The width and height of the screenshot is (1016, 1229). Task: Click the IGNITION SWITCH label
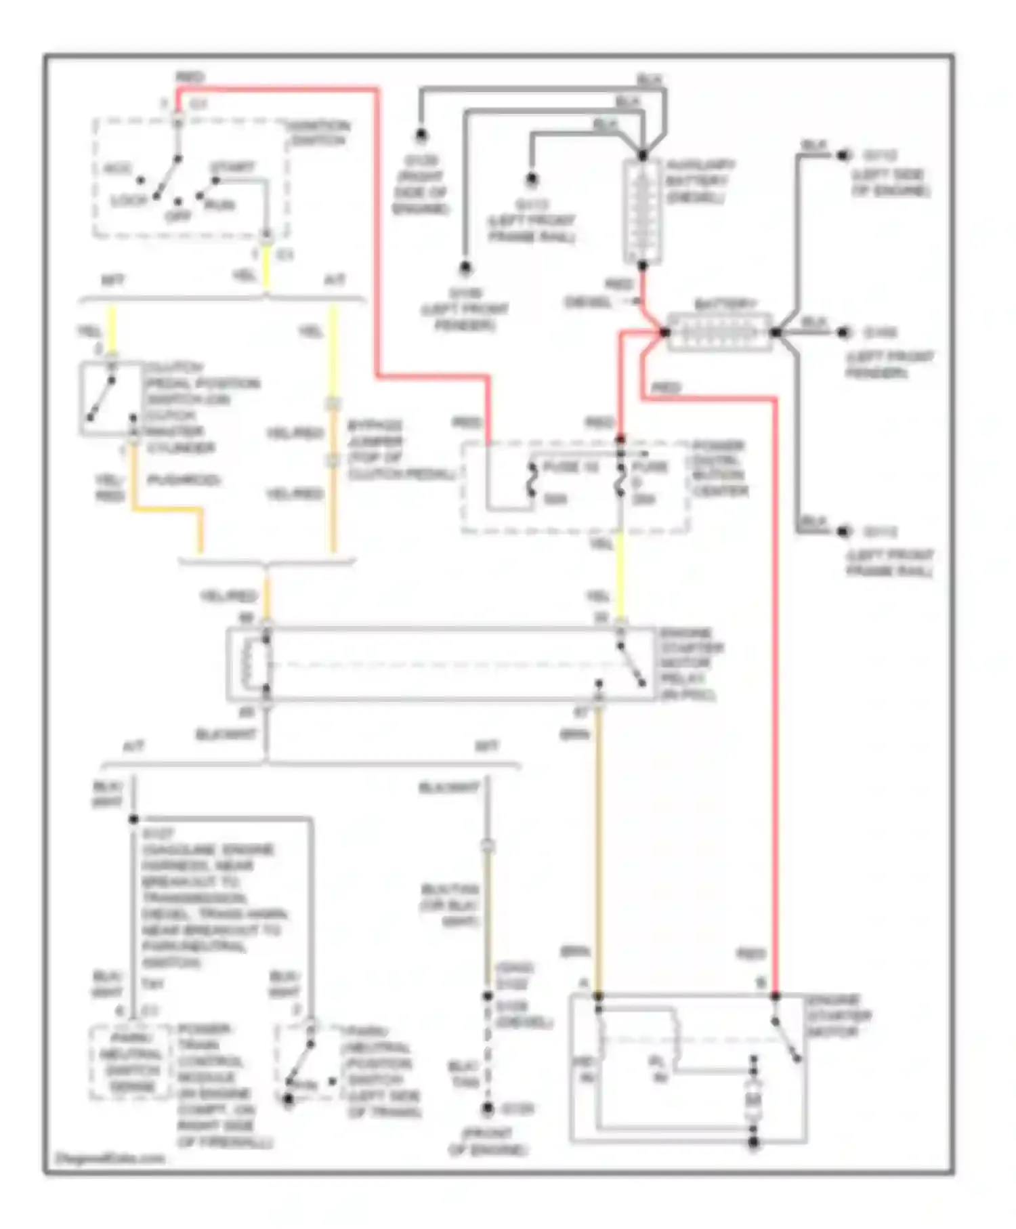(x=318, y=133)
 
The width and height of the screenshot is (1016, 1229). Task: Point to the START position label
(x=232, y=167)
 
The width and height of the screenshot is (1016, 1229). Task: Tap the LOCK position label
(x=129, y=201)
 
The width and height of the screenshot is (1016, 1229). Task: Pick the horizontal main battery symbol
(x=719, y=332)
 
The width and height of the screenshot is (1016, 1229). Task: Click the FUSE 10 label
(x=571, y=467)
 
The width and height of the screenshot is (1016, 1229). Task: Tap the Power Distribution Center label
(x=719, y=468)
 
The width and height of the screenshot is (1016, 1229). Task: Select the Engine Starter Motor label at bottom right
(x=839, y=1016)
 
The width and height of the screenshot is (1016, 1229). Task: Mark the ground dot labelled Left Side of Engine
(x=843, y=155)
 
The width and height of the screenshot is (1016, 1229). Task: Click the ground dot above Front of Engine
(x=488, y=1109)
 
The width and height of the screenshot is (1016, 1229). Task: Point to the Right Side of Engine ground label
(x=420, y=185)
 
